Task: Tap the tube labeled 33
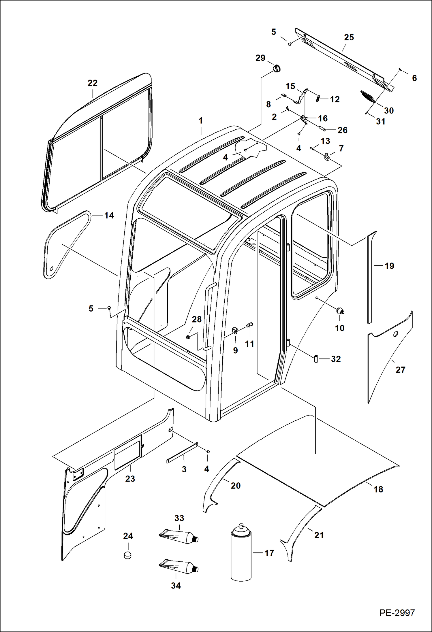click(x=179, y=536)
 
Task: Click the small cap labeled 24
click(x=127, y=555)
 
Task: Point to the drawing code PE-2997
click(x=397, y=613)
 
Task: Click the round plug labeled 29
click(x=277, y=69)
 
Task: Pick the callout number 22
click(x=93, y=83)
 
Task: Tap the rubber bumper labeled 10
click(x=340, y=311)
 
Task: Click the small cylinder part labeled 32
click(x=316, y=359)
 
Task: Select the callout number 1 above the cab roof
click(x=201, y=120)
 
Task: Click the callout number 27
click(x=400, y=370)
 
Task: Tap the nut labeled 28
click(x=188, y=337)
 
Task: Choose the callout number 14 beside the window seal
click(x=109, y=215)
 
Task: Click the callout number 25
click(x=349, y=37)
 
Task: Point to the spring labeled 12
click(x=318, y=98)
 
